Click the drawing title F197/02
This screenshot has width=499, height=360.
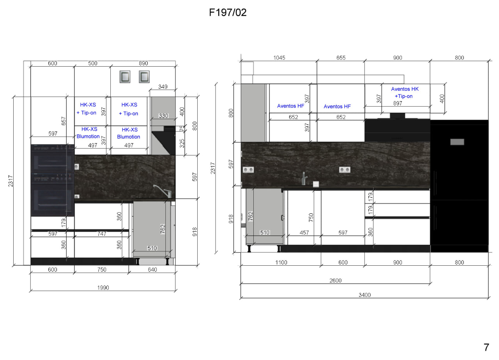point(228,12)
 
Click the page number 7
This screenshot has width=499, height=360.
point(486,347)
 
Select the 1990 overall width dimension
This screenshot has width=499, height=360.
point(103,288)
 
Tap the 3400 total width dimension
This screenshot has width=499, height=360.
point(365,295)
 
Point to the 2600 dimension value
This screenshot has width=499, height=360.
point(336,280)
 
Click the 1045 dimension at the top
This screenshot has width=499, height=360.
point(279,58)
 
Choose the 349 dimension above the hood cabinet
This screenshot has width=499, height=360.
point(163,86)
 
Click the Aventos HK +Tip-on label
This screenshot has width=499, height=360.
point(405,93)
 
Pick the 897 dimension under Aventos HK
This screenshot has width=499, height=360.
point(398,103)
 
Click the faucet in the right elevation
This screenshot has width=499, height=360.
point(304,178)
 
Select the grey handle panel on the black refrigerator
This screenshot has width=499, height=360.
point(457,142)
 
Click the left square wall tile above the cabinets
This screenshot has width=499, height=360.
point(125,77)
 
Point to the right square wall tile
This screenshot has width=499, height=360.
point(144,77)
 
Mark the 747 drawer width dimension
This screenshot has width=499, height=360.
point(102,234)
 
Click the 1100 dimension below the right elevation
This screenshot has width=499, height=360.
point(281,262)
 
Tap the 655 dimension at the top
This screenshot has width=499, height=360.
point(341,58)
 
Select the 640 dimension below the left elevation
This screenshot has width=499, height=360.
point(152,270)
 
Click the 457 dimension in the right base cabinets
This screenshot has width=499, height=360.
point(304,233)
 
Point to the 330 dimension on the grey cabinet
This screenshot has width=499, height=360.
point(163,116)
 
